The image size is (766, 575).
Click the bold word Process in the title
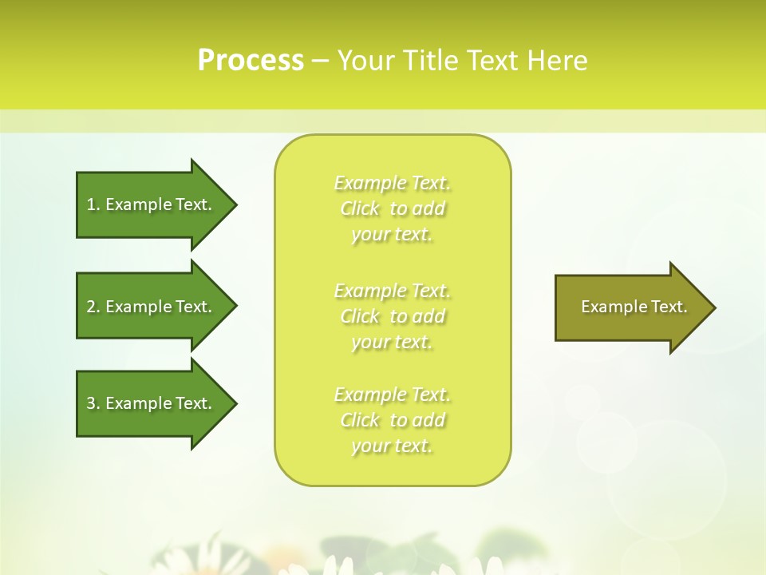point(251,61)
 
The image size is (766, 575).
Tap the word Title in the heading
point(430,61)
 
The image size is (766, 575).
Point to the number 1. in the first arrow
point(93,204)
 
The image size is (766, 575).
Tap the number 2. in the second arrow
point(93,307)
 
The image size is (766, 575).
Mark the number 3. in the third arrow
point(93,403)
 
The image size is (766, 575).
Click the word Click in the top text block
point(360,208)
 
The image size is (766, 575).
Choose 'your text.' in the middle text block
point(392,342)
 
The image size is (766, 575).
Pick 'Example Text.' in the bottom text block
point(392,395)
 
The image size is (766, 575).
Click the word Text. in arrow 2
point(194,307)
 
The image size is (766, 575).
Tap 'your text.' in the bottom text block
point(392,446)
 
